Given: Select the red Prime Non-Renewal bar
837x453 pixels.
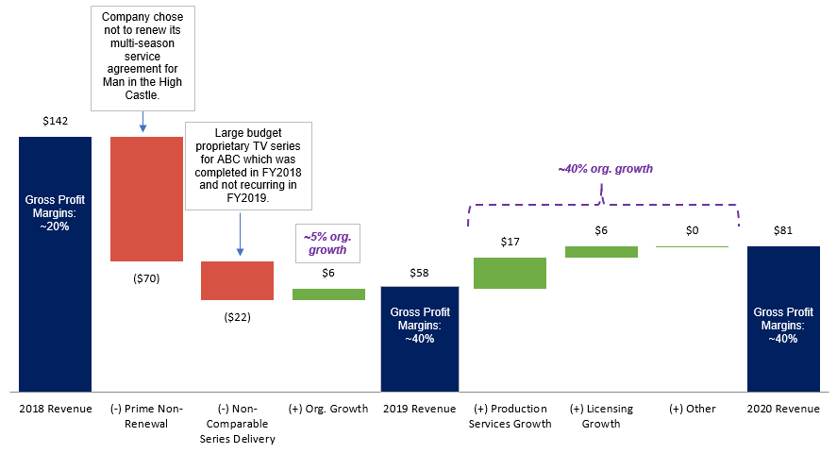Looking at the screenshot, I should coord(146,198).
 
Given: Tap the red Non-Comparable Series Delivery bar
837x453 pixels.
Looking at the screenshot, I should coord(237,280).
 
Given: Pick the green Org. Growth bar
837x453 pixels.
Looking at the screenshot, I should coord(328,294).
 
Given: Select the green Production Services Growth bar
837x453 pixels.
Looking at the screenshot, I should coord(510,273).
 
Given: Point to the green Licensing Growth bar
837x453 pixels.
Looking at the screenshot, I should coord(601,252).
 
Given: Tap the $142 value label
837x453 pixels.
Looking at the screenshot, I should coord(56,121).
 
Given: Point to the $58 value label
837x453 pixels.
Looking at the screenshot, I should coord(419,272).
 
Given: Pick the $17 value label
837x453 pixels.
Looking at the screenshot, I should coord(510,242).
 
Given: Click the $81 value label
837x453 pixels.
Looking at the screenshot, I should coord(784,230).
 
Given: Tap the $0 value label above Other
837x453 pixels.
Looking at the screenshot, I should coord(692,230).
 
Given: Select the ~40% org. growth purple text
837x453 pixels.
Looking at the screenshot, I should coord(605,169).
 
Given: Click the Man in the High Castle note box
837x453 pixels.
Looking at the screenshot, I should coord(142,56).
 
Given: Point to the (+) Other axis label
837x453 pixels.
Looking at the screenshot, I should coord(692,409).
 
